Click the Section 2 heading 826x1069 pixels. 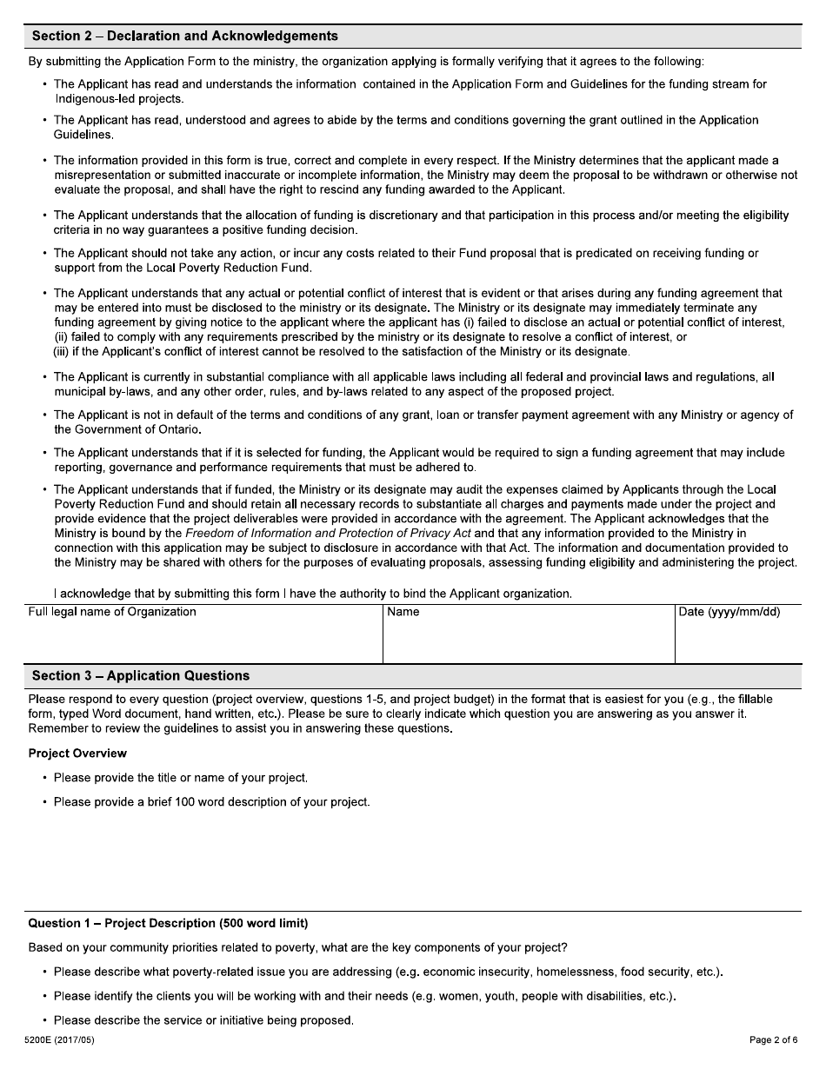point(184,37)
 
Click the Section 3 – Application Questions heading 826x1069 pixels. point(141,676)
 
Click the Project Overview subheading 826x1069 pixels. point(77,754)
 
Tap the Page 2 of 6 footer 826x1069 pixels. point(773,1040)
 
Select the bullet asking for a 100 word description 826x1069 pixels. point(211,802)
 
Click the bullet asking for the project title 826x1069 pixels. point(180,778)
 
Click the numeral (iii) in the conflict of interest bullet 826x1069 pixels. point(63,352)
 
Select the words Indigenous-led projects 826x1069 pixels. point(118,98)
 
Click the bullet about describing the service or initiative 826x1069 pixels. point(203,1020)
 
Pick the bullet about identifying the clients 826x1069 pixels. point(364,996)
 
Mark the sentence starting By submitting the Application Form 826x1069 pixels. point(366,62)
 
